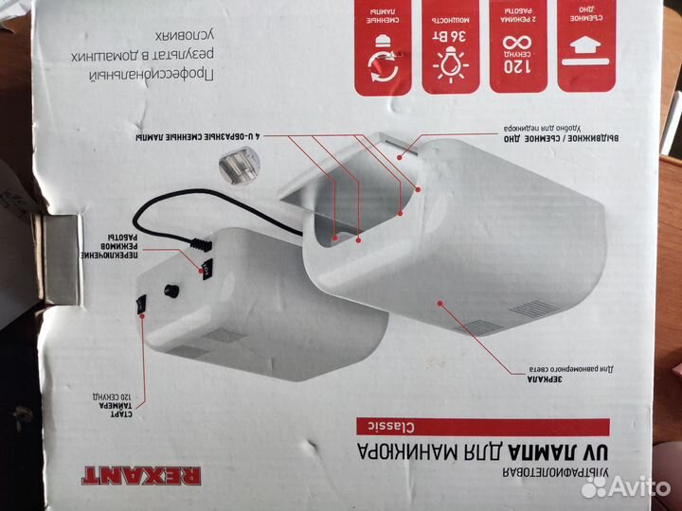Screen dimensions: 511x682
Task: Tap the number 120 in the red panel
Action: [x=515, y=68]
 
